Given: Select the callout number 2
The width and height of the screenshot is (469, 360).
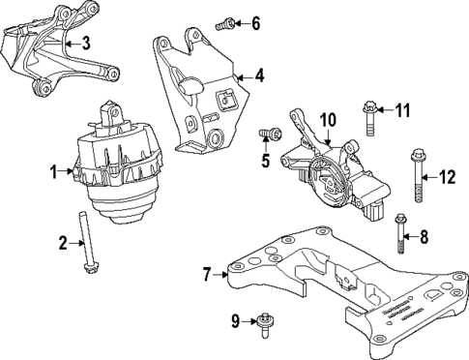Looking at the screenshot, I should click(x=61, y=242).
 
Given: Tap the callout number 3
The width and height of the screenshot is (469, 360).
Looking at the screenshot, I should click(x=85, y=42).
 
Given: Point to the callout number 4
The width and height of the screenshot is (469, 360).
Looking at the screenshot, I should click(x=259, y=74).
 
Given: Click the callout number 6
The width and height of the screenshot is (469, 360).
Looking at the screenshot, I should click(x=255, y=23).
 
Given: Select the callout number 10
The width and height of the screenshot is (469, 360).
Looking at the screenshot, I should click(x=327, y=119).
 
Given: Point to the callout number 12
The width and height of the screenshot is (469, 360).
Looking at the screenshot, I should click(x=446, y=176).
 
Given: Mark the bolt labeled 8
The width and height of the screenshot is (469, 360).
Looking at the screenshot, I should click(x=401, y=232).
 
